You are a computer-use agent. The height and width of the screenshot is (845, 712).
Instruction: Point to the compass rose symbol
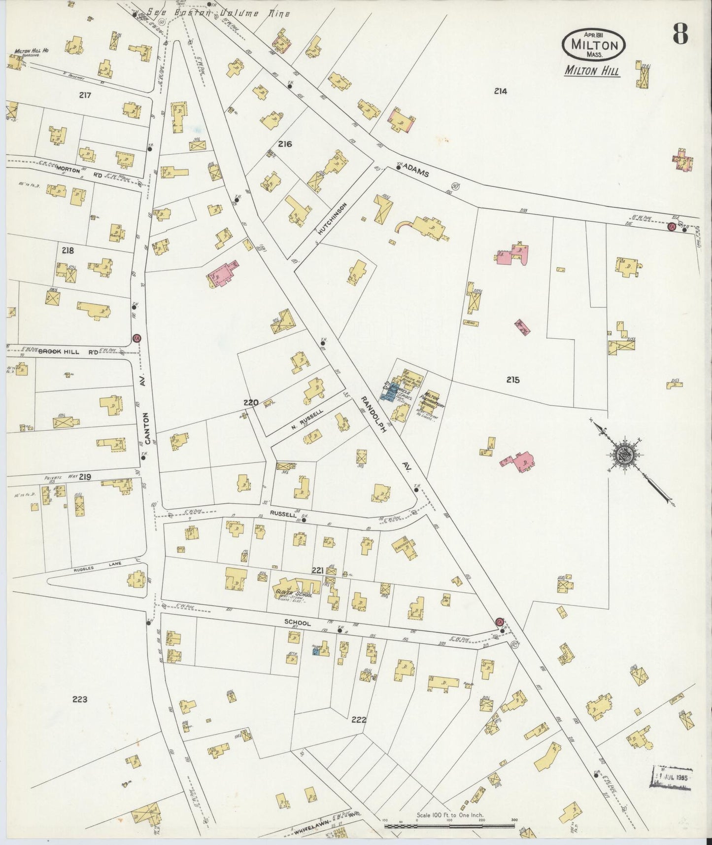(x=624, y=451)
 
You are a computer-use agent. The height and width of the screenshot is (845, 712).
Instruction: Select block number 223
(x=80, y=699)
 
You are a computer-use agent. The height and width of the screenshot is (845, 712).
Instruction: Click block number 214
(x=501, y=91)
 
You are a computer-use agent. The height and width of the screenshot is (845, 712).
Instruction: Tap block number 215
(x=512, y=380)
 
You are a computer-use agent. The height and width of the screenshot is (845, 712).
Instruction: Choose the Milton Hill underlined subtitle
(x=592, y=71)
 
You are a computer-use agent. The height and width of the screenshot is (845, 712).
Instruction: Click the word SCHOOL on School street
(x=297, y=623)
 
